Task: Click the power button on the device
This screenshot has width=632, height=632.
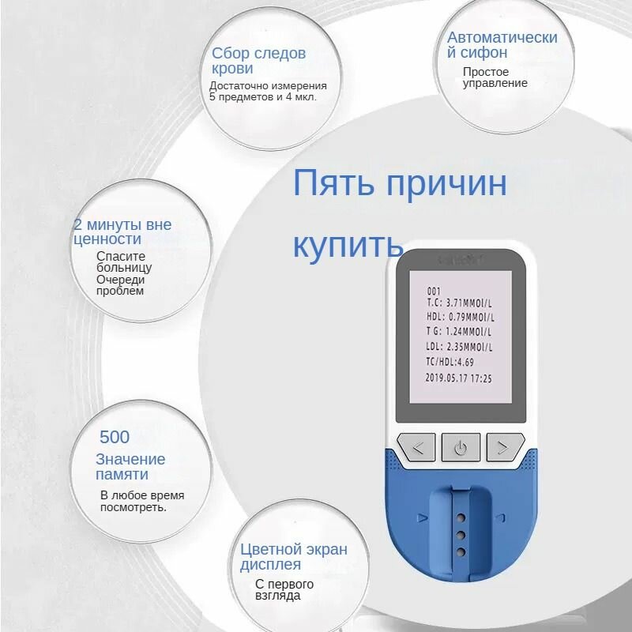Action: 460,448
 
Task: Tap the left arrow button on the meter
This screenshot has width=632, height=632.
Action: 418,448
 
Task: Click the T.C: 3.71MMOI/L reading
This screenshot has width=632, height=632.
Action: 458,303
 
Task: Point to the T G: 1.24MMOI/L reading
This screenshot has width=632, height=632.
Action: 458,333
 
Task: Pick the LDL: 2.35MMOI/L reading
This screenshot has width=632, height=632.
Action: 458,348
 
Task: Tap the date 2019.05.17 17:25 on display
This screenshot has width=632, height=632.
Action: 458,378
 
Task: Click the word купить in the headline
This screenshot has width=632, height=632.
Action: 348,245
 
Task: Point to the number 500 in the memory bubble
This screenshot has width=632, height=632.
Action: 115,437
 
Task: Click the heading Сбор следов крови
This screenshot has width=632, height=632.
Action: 258,60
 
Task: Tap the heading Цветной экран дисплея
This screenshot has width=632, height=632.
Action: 293,556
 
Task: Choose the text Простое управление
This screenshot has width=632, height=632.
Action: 495,77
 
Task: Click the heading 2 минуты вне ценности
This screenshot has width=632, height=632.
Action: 122,231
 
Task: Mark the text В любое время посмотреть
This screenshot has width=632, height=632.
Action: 142,501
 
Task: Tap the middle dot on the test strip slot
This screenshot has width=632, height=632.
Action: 459,535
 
